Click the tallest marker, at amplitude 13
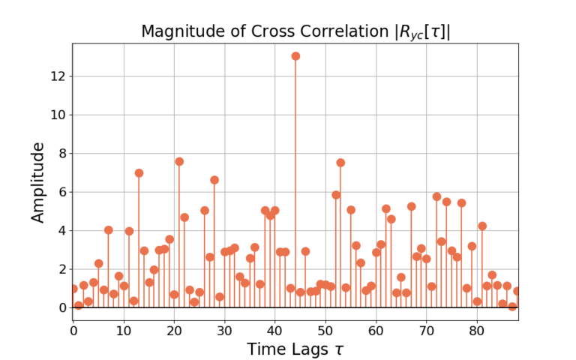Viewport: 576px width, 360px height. pyautogui.click(x=295, y=56)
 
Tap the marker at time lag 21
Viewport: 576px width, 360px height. pyautogui.click(x=179, y=161)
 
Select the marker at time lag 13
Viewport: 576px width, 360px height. pyautogui.click(x=139, y=172)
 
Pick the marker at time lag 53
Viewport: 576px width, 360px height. pyautogui.click(x=340, y=162)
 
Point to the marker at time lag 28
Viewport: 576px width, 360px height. pyautogui.click(x=214, y=180)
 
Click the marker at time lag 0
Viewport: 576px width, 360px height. pyautogui.click(x=73, y=289)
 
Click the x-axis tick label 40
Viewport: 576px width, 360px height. pyautogui.click(x=275, y=329)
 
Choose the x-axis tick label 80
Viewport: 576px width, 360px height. pyautogui.click(x=477, y=329)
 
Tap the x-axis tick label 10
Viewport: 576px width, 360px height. pyautogui.click(x=124, y=329)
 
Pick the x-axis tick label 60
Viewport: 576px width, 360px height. pyautogui.click(x=376, y=329)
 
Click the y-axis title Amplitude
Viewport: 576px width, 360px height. pyautogui.click(x=38, y=181)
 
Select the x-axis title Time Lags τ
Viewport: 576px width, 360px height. pyautogui.click(x=295, y=349)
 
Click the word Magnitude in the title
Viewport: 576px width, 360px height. pyautogui.click(x=177, y=31)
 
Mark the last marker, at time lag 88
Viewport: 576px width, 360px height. pyautogui.click(x=517, y=291)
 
